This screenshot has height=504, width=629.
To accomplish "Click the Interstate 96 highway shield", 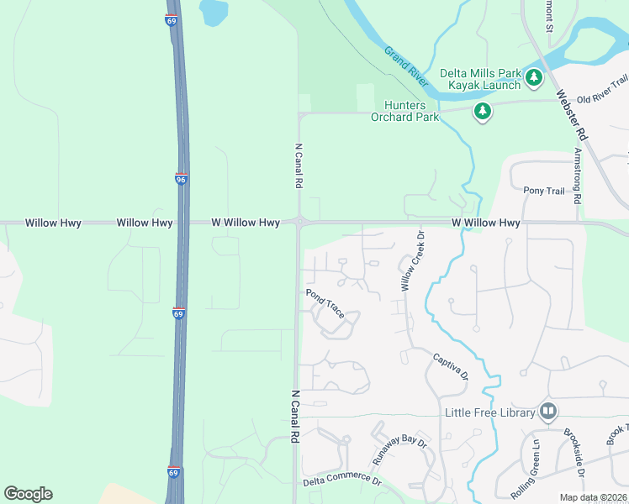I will [181, 179].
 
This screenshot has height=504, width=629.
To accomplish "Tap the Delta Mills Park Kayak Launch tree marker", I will [534, 78].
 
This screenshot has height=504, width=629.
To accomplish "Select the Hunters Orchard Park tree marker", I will [482, 111].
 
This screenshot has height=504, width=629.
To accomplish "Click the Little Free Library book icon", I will [548, 412].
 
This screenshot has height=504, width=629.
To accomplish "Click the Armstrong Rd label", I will [577, 177].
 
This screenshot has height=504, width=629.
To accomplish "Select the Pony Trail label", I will [543, 192].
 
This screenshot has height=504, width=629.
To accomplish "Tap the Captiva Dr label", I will [450, 366].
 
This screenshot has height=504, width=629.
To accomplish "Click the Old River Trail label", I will [601, 84].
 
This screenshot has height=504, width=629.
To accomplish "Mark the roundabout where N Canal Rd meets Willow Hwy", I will [298, 222].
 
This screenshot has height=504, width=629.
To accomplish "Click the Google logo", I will [29, 494].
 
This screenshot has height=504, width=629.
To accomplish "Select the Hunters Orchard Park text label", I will [405, 111].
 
